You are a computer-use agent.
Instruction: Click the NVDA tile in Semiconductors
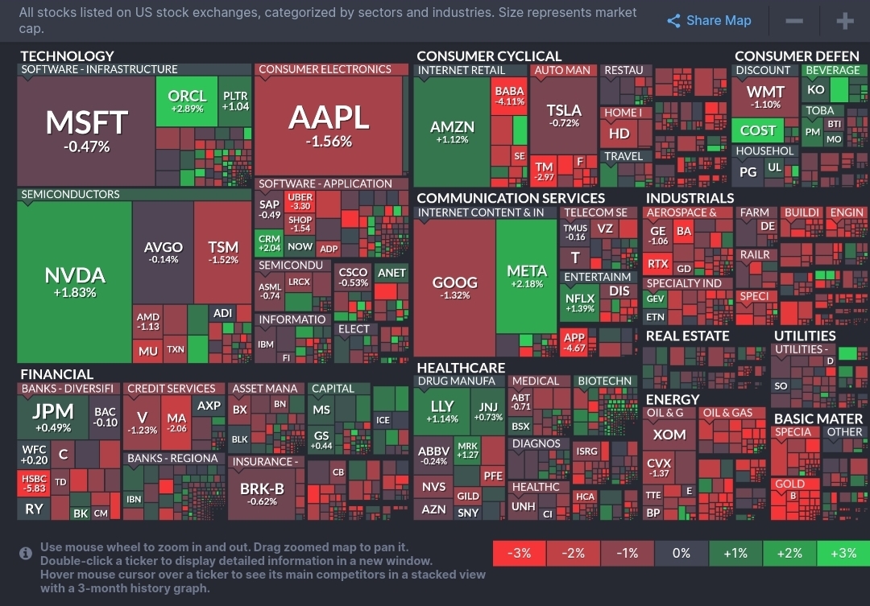point(75,282)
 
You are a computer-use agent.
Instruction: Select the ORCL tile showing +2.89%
point(186,101)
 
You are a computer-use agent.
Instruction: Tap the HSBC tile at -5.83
point(33,482)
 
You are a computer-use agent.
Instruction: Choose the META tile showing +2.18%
point(527,277)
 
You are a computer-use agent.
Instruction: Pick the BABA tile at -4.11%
point(509,96)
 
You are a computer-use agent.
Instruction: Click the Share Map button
point(709,21)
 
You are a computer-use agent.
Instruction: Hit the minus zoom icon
point(794,21)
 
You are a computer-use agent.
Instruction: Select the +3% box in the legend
point(843,553)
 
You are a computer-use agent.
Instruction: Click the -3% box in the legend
point(519,553)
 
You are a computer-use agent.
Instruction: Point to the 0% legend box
point(681,553)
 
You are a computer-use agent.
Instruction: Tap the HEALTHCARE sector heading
point(461,368)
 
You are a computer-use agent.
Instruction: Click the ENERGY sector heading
point(673,399)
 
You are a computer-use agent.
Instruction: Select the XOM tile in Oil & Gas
point(669,435)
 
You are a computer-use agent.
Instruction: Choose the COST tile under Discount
point(758,130)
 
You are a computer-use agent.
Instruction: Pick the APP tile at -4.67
point(575,343)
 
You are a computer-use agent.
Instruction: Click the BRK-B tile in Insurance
point(263,493)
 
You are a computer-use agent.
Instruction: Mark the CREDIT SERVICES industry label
point(172,389)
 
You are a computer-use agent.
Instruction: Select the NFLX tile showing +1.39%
point(580,303)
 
